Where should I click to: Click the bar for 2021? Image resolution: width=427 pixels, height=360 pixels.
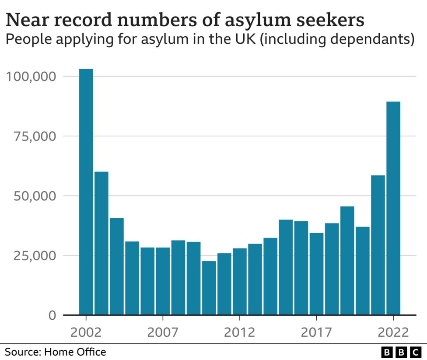pyautogui.click(x=378, y=245)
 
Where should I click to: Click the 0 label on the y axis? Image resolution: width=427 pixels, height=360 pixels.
pyautogui.click(x=52, y=315)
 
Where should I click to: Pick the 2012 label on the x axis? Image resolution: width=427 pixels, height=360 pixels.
pyautogui.click(x=239, y=332)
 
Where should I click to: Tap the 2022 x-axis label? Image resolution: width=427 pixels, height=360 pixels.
pyautogui.click(x=393, y=332)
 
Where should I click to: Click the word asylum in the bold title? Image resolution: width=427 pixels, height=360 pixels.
pyautogui.click(x=256, y=21)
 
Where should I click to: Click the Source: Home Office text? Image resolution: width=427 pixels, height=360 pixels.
pyautogui.click(x=55, y=352)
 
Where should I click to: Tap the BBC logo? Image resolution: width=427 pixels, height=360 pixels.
pyautogui.click(x=400, y=352)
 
